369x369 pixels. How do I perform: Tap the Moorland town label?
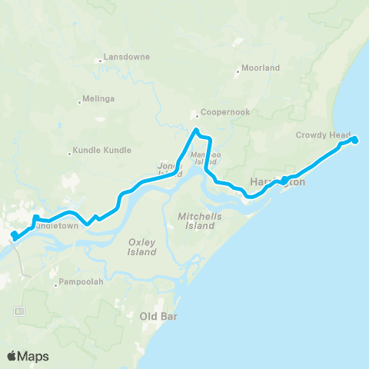click(x=261, y=68)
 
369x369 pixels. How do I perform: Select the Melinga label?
click(x=100, y=99)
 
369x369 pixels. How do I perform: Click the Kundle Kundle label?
click(x=102, y=151)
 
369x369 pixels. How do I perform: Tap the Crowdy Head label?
click(x=323, y=135)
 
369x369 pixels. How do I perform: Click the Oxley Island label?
click(x=141, y=247)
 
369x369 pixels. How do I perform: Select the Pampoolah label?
click(x=79, y=282)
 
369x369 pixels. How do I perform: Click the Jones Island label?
click(x=169, y=169)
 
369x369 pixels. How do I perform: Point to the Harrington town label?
click(x=278, y=183)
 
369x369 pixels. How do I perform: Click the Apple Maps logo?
click(x=28, y=356)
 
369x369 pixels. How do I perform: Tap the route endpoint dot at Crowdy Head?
click(x=355, y=140)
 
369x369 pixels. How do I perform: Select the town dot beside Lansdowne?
click(x=100, y=61)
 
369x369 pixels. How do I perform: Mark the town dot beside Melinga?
click(x=81, y=100)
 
